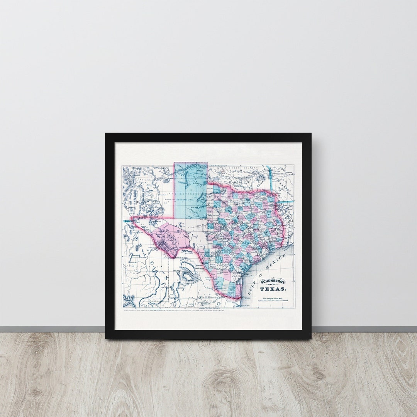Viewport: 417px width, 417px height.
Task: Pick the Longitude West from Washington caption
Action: coord(209,308)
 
